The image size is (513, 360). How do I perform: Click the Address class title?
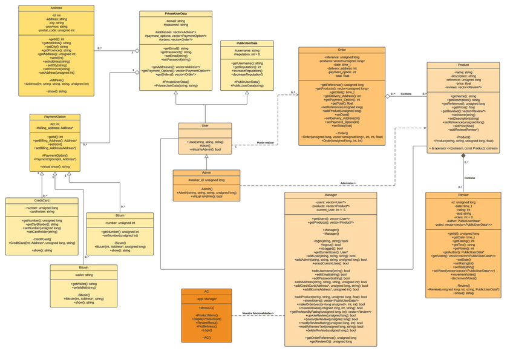pyautogui.click(x=56, y=8)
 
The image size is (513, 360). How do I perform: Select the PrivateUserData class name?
pyautogui.click(x=175, y=13)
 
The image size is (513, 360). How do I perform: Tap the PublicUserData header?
pyautogui.click(x=246, y=44)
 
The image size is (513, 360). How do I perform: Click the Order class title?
pyautogui.click(x=342, y=50)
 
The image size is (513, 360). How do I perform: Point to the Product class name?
pyautogui.click(x=463, y=65)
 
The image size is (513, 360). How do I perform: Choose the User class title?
pyautogui.click(x=206, y=126)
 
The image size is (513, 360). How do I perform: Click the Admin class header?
pyautogui.click(x=206, y=172)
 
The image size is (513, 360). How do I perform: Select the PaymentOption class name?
pyautogui.click(x=56, y=117)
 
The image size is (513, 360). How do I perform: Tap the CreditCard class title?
pyautogui.click(x=42, y=200)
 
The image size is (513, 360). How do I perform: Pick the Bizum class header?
pyautogui.click(x=120, y=215)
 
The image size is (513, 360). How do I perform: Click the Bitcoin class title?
pyautogui.click(x=83, y=267)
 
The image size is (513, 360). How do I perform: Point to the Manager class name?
pyautogui.click(x=330, y=195)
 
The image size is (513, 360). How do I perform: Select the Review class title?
pyautogui.click(x=463, y=195)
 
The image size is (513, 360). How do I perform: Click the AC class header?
pyautogui.click(x=206, y=292)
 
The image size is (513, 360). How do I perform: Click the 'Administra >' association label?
pyautogui.click(x=348, y=183)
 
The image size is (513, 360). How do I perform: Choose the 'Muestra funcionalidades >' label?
pyautogui.click(x=258, y=313)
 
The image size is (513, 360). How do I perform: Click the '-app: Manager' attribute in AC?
pyautogui.click(x=206, y=299)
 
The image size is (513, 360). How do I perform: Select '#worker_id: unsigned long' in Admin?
pyautogui.click(x=206, y=180)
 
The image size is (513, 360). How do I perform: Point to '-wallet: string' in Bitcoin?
pyautogui.click(x=83, y=275)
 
